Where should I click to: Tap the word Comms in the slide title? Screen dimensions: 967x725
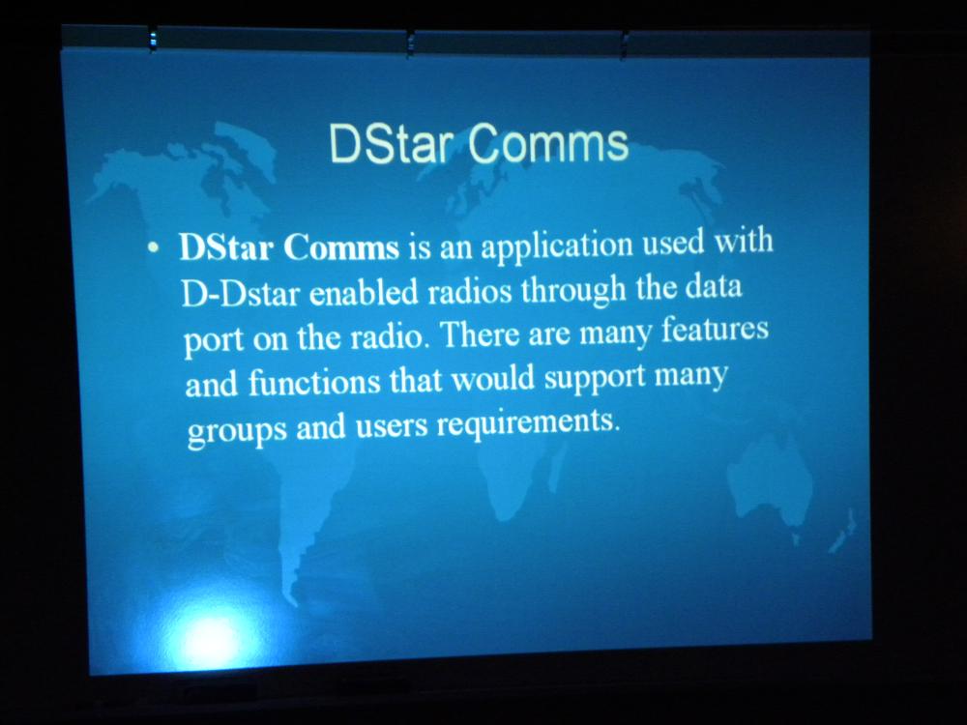tap(548, 144)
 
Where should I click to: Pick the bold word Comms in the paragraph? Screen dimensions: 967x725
tap(341, 247)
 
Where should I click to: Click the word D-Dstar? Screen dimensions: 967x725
tap(241, 294)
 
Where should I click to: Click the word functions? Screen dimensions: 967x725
tap(314, 382)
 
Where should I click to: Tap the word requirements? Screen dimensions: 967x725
tap(527, 423)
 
